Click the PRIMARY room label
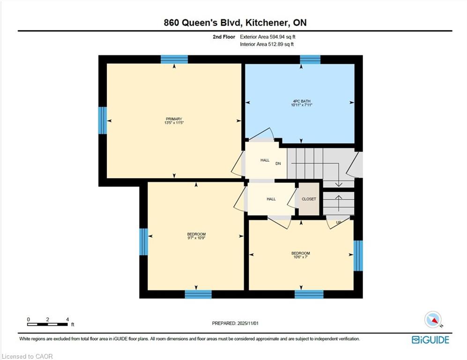click(x=174, y=119)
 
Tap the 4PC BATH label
click(x=302, y=101)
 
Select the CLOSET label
click(x=309, y=199)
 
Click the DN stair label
click(x=278, y=164)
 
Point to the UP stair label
click(x=339, y=222)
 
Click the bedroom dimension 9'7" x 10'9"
click(x=196, y=238)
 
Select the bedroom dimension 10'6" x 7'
click(x=301, y=257)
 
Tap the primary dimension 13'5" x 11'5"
click(x=174, y=122)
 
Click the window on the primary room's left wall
click(x=103, y=120)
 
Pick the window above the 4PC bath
click(x=310, y=60)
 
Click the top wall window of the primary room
click(x=174, y=60)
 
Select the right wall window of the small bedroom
click(x=358, y=255)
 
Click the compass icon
click(x=433, y=320)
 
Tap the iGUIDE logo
click(x=430, y=340)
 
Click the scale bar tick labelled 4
click(x=67, y=320)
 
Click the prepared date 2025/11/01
click(x=248, y=323)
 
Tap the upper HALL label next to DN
click(x=265, y=160)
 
